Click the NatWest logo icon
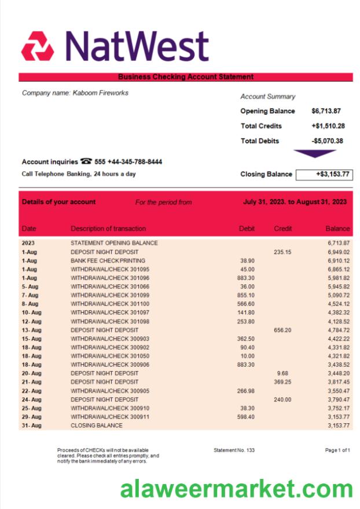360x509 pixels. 38,46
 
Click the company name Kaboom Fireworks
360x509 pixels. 75,93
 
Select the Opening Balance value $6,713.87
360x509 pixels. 326,111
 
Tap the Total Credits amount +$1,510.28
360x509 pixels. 328,126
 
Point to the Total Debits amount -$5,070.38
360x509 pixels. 327,141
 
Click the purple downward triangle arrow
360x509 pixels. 315,153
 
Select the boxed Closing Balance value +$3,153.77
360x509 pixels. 324,174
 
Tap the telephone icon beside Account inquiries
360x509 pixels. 86,162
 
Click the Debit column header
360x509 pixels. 247,229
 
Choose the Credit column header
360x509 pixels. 283,229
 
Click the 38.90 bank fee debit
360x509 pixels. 247,261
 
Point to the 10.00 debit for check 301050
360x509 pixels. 248,356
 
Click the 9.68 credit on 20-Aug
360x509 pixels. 282,373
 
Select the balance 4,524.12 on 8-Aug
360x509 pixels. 338,303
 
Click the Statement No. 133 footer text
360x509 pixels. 234,450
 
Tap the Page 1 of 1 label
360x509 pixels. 337,450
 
